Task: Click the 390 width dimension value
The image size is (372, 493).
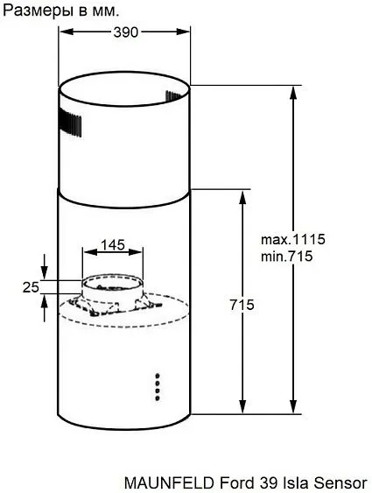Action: tap(124, 32)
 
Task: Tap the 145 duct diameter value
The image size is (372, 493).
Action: tap(112, 245)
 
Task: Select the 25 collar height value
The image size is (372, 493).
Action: tap(32, 286)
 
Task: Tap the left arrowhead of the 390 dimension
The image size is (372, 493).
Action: tap(63, 32)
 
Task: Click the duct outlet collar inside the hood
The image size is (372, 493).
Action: tap(112, 290)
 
